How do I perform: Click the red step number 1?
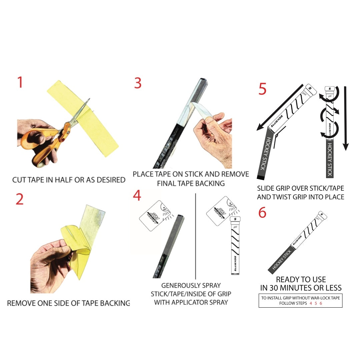pyautogui.click(x=20, y=82)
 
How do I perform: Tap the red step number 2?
pyautogui.click(x=20, y=199)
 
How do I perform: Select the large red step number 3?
pyautogui.click(x=138, y=83)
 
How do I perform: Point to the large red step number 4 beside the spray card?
pyautogui.click(x=137, y=196)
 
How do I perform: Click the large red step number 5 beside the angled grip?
pyautogui.click(x=262, y=89)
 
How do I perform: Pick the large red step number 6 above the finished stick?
pyautogui.click(x=262, y=212)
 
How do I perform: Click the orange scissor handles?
pyautogui.click(x=46, y=142)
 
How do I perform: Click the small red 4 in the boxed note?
pyautogui.click(x=311, y=303)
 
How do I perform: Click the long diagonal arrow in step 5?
pyautogui.click(x=280, y=107)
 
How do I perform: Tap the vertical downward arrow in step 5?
pyautogui.click(x=345, y=118)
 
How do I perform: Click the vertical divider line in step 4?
pyautogui.click(x=196, y=236)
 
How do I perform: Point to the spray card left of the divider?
pyautogui.click(x=155, y=216)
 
